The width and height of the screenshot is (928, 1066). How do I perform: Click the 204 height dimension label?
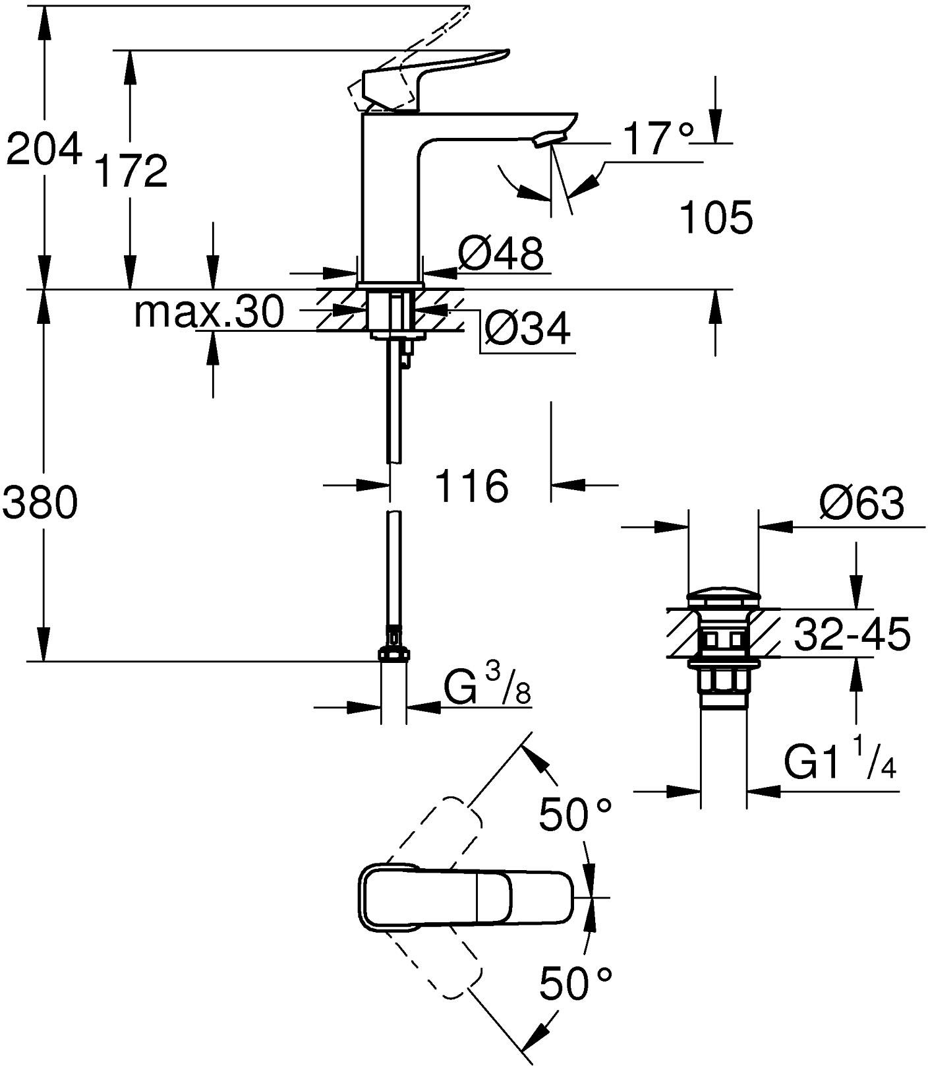point(43,148)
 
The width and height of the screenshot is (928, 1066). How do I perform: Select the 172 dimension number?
point(131,171)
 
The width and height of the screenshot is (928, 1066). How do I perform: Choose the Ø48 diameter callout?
point(502,253)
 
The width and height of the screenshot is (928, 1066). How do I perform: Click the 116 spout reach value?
point(472,487)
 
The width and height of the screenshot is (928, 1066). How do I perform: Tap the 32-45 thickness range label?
point(852,634)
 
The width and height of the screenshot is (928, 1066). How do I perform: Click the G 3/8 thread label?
point(486,690)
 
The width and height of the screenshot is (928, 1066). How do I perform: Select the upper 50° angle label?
point(575,815)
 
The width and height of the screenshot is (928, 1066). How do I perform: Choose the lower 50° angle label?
point(575,984)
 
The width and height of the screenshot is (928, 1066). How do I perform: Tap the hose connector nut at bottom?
point(393,654)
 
